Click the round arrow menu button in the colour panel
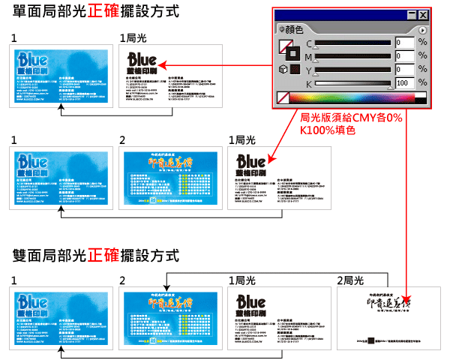[422, 30]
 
